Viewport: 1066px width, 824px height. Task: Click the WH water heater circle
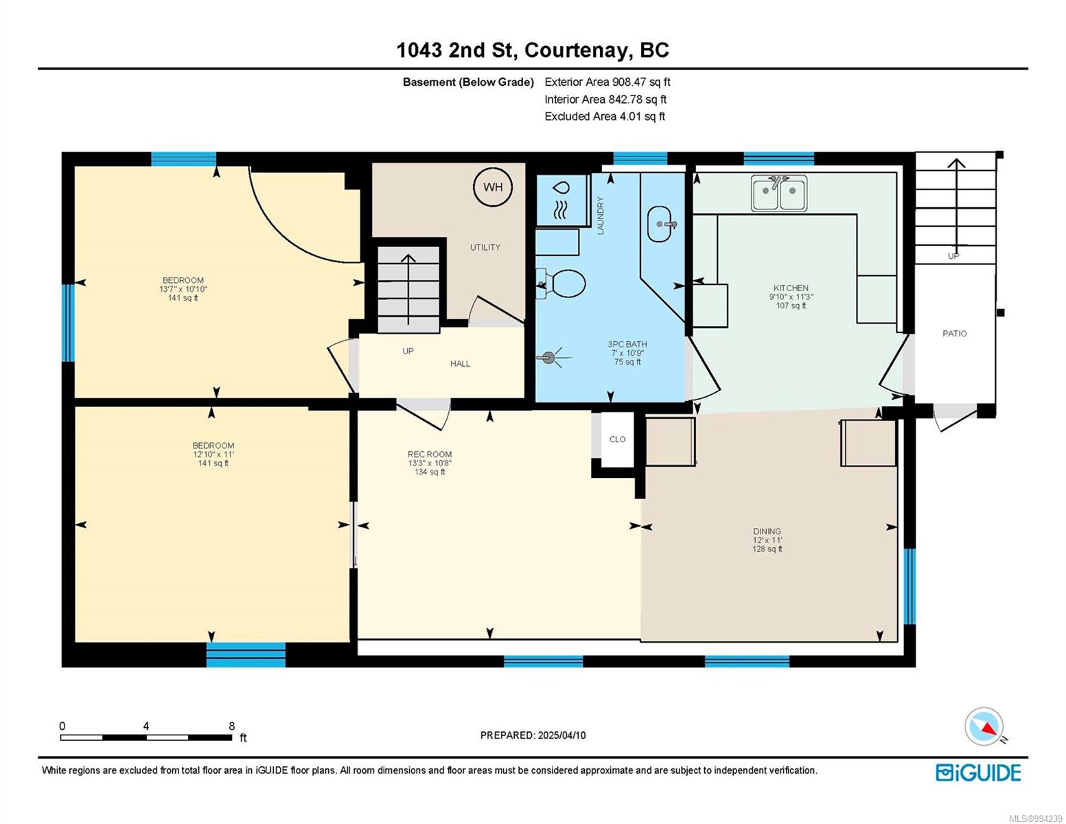click(493, 187)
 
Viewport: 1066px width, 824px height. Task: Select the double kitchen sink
click(778, 193)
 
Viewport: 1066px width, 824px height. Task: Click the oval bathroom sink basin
click(660, 224)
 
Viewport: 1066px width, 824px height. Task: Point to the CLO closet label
click(617, 439)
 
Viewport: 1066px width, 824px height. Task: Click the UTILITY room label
click(485, 247)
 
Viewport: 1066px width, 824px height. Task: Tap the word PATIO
click(954, 334)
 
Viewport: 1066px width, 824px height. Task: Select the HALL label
click(460, 364)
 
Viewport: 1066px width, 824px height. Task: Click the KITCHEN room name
click(791, 288)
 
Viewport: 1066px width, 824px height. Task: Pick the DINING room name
click(767, 531)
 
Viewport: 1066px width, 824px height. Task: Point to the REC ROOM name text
click(430, 455)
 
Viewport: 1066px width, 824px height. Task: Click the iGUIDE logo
click(978, 773)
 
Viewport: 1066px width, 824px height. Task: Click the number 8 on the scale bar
click(231, 726)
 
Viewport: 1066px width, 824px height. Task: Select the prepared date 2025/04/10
click(561, 735)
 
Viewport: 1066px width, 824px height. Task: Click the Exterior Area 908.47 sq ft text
click(607, 82)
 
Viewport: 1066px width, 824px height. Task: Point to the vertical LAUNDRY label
click(601, 216)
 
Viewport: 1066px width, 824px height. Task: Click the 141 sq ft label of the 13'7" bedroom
click(183, 298)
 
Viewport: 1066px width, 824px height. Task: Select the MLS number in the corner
click(1035, 819)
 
